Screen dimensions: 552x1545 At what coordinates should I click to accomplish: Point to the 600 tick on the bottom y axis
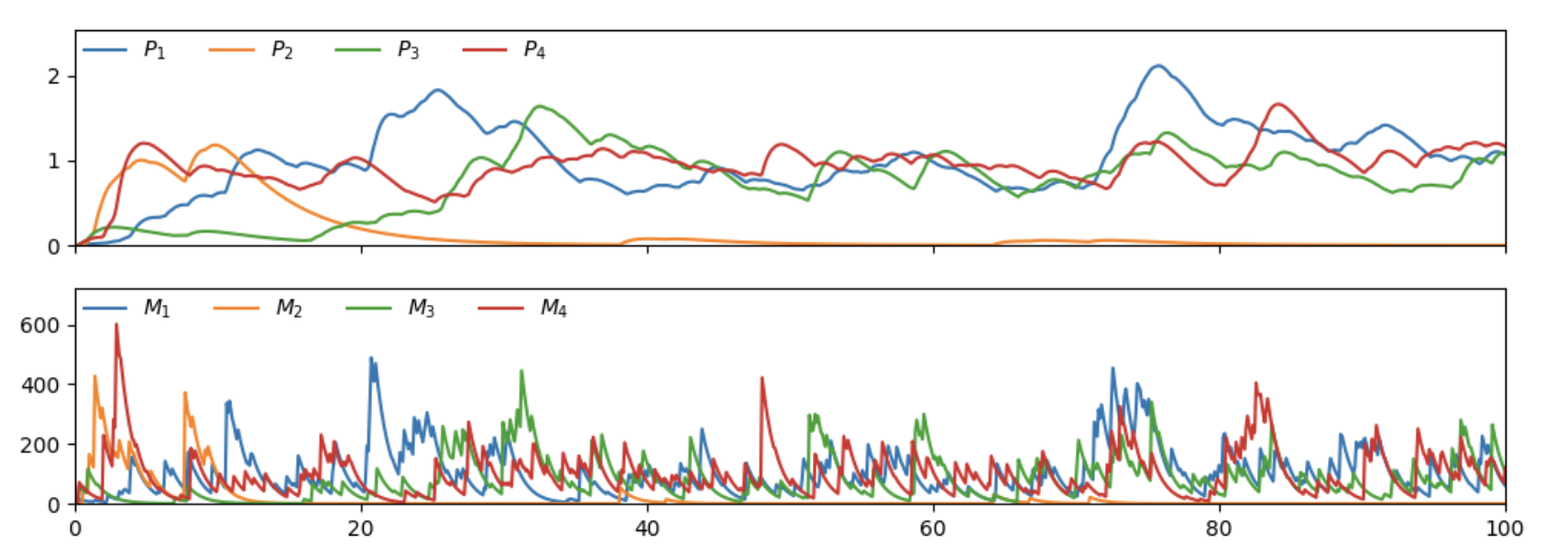tap(40, 326)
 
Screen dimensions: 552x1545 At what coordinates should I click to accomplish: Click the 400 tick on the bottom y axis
tap(40, 385)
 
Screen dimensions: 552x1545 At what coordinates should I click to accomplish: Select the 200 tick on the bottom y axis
tap(40, 445)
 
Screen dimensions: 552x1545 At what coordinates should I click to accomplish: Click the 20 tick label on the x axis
tap(361, 529)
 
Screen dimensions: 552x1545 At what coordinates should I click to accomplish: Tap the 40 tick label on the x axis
tap(647, 529)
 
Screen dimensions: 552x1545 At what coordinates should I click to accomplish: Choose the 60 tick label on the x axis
tap(933, 529)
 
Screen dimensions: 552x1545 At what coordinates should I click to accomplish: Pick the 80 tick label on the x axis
tap(1219, 529)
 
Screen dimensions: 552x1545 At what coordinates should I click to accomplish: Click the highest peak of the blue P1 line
tap(1158, 66)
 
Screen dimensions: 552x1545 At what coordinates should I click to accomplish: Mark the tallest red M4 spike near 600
tap(116, 324)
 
